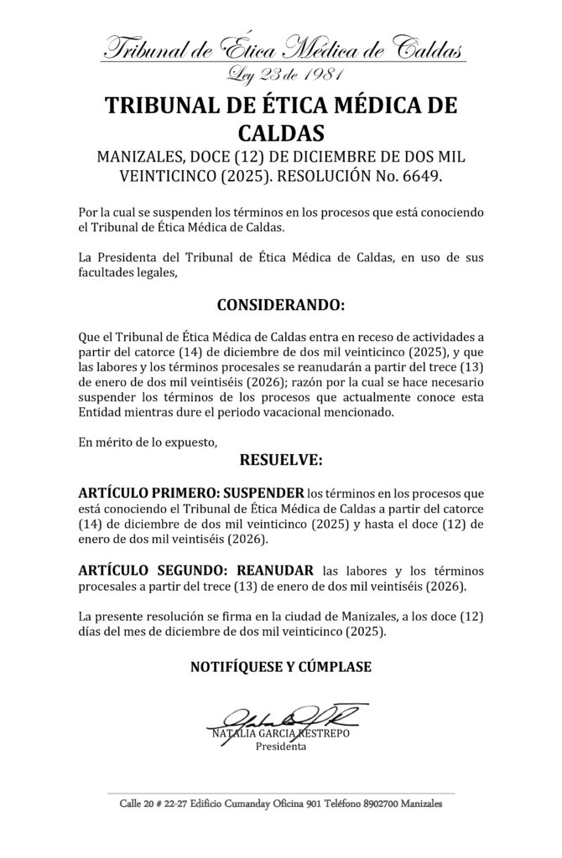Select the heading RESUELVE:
(280, 460)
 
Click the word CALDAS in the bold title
(280, 132)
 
